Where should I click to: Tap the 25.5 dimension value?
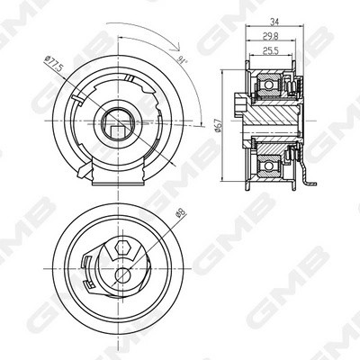point(271,51)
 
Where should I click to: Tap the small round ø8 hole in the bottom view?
point(120,277)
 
